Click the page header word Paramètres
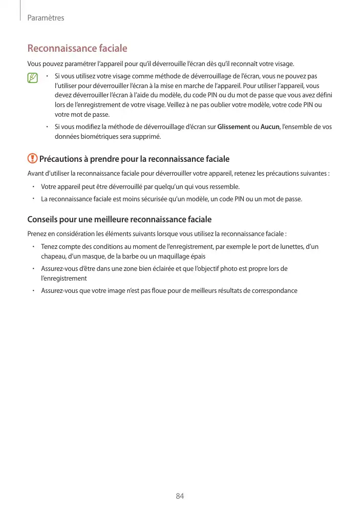[46, 18]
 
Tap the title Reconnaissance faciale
[77, 49]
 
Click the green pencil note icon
[33, 78]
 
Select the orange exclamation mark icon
[32, 159]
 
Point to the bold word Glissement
[233, 126]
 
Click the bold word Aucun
[270, 126]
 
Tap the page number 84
[180, 496]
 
